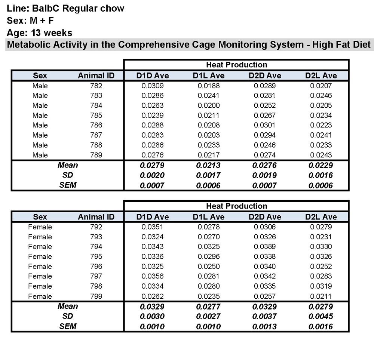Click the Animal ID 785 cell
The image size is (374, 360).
[96, 115]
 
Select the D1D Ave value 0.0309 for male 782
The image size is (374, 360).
[152, 86]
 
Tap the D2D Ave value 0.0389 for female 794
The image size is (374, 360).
[265, 247]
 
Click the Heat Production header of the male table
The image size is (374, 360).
[236, 65]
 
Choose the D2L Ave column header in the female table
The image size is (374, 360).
[321, 217]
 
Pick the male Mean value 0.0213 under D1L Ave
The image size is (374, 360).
[209, 165]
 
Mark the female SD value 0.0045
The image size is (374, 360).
[321, 317]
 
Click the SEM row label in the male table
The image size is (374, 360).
[68, 185]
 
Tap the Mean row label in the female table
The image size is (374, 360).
[68, 307]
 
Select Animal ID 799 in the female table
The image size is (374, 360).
[96, 296]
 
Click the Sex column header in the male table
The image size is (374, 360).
[40, 76]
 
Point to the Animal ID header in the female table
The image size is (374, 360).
[96, 217]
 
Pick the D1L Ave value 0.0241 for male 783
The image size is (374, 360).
[209, 95]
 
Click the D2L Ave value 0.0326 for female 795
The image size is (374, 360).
[321, 256]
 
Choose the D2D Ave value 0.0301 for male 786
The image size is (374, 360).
[265, 125]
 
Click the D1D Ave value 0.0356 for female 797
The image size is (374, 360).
[152, 276]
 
